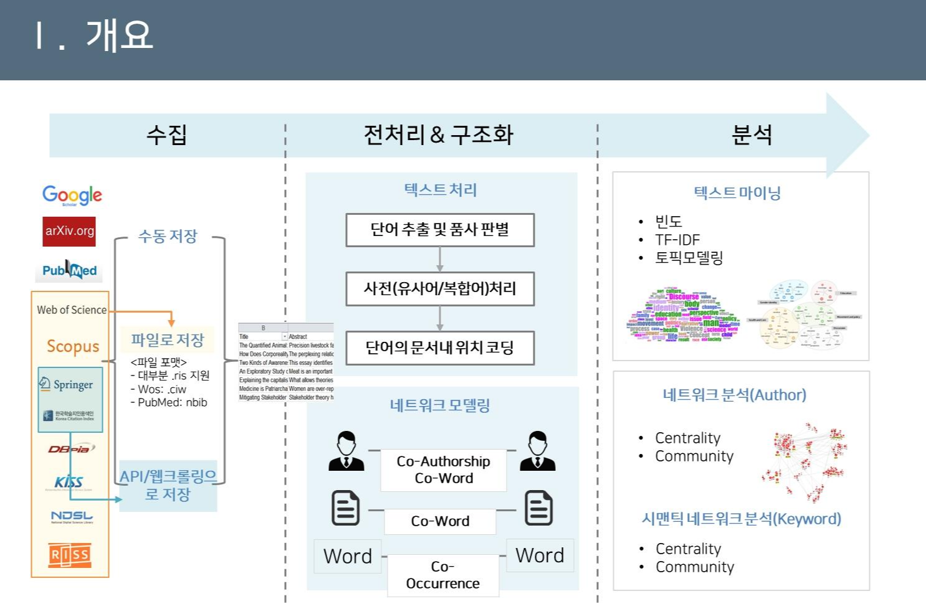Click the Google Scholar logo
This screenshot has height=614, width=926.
pyautogui.click(x=72, y=195)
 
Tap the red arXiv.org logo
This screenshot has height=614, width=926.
pyautogui.click(x=69, y=231)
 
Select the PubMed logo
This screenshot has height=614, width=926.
pyautogui.click(x=69, y=270)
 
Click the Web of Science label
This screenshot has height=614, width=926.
pyautogui.click(x=72, y=309)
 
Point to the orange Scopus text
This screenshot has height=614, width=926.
pyautogui.click(x=73, y=346)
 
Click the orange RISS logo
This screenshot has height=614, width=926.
pyautogui.click(x=70, y=554)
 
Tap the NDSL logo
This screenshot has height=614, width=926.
pyautogui.click(x=72, y=517)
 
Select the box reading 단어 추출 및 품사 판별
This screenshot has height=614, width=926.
pyautogui.click(x=440, y=230)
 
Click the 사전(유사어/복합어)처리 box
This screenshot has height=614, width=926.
pyautogui.click(x=440, y=288)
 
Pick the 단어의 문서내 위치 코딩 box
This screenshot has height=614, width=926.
pyautogui.click(x=440, y=347)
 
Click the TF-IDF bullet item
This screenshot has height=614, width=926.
pyautogui.click(x=677, y=240)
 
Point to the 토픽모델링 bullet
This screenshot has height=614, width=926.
pyautogui.click(x=689, y=257)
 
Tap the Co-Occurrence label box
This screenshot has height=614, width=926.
pyautogui.click(x=443, y=575)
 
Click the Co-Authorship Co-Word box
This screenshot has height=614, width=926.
pyautogui.click(x=443, y=470)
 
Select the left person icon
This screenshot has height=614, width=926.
pyautogui.click(x=346, y=451)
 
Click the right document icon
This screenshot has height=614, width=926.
pyautogui.click(x=538, y=508)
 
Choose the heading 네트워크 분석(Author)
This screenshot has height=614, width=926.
pyautogui.click(x=734, y=395)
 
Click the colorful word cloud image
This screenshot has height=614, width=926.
pyautogui.click(x=683, y=316)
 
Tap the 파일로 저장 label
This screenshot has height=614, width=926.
pyautogui.click(x=167, y=340)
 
